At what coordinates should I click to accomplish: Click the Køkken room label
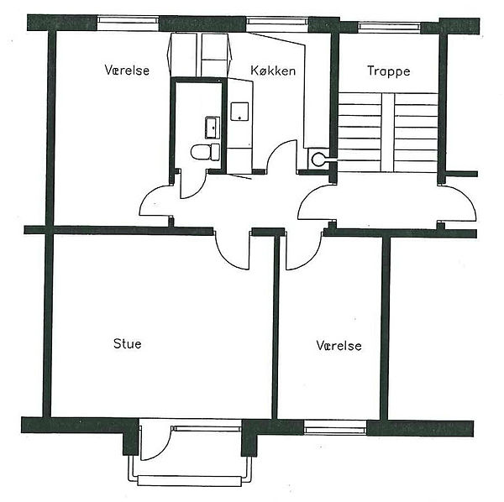273,71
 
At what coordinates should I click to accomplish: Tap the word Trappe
389,71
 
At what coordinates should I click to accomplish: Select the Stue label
128,343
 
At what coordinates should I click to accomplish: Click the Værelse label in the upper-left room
127,70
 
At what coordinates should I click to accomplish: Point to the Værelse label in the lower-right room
339,346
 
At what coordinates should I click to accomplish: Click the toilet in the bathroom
205,152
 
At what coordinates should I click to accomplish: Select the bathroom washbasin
213,128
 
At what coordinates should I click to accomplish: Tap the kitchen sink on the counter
239,112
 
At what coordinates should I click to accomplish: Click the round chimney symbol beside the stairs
318,159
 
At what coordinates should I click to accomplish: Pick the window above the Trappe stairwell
389,27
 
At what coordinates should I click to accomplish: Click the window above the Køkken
276,22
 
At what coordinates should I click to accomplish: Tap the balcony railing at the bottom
190,480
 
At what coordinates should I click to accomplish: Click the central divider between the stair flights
387,133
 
